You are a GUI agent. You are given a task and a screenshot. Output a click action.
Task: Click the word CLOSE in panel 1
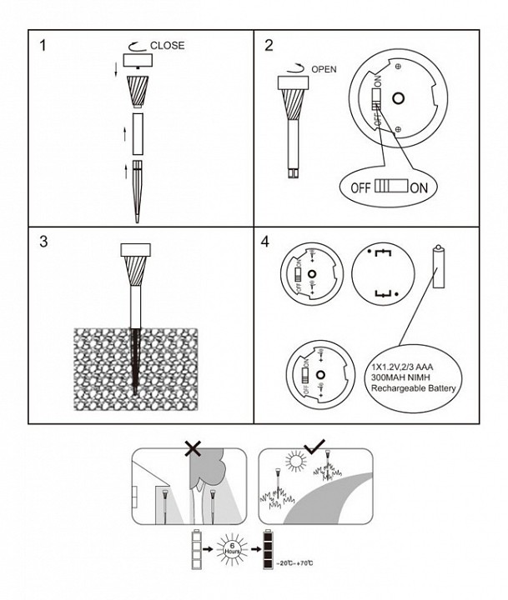167,45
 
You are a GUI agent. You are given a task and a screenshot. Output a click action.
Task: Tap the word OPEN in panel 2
324,69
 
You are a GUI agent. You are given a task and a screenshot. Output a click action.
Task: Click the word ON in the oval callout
419,187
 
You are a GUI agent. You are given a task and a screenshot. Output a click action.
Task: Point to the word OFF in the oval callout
360,187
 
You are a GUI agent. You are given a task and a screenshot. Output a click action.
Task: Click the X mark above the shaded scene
193,448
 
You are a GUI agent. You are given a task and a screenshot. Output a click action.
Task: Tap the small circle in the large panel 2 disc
398,98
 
